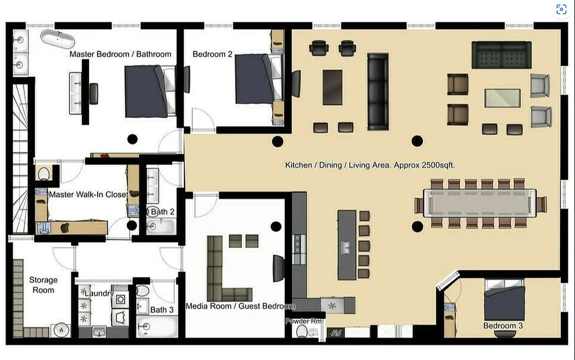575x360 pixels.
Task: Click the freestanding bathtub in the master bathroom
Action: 57,39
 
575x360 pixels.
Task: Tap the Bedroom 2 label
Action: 212,54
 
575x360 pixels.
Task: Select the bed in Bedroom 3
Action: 504,299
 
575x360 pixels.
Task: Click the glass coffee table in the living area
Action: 503,98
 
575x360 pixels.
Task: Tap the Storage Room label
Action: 43,285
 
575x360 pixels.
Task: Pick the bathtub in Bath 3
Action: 155,326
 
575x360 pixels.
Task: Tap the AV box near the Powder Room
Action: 335,333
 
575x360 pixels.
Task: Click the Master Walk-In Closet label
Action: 88,195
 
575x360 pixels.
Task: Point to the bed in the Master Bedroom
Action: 149,91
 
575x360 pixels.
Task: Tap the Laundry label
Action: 99,293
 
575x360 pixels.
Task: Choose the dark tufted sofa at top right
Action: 501,54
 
